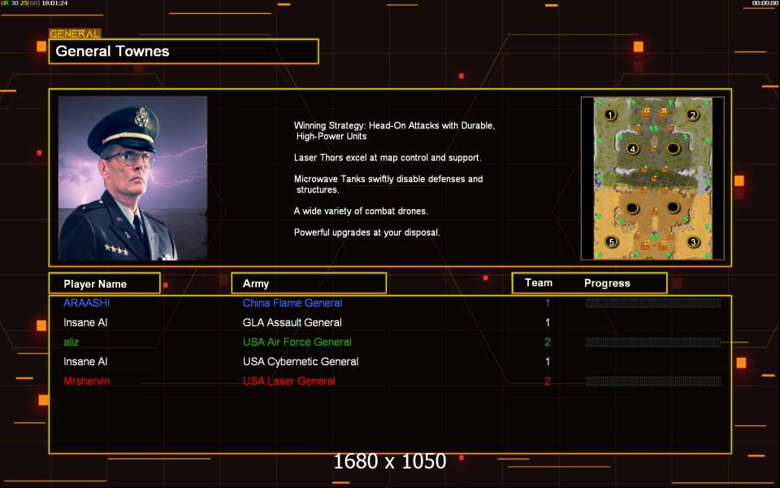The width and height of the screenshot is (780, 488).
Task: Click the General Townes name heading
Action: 112,51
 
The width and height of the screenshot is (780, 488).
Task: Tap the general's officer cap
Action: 123,129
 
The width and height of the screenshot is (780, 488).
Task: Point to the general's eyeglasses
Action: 130,159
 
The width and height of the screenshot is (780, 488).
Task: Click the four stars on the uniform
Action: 116,249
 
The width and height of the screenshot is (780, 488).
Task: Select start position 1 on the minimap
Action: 610,115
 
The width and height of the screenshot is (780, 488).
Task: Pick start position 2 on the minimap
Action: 692,115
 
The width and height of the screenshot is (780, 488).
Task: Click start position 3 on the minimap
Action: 693,242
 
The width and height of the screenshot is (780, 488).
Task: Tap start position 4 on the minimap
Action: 632,148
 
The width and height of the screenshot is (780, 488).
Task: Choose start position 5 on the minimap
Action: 611,242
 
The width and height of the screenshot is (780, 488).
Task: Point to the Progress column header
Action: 607,283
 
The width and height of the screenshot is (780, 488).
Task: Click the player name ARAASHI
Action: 87,303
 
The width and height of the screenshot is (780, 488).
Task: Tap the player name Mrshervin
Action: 87,381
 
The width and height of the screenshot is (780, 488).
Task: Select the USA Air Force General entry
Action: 297,342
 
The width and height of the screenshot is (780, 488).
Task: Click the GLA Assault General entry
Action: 292,323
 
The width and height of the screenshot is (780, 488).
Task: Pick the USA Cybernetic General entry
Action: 301,361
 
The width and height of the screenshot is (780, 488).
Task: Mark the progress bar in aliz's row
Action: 653,342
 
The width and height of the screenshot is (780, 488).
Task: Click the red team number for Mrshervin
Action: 547,381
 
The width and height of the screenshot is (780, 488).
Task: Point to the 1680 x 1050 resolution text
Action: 389,461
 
